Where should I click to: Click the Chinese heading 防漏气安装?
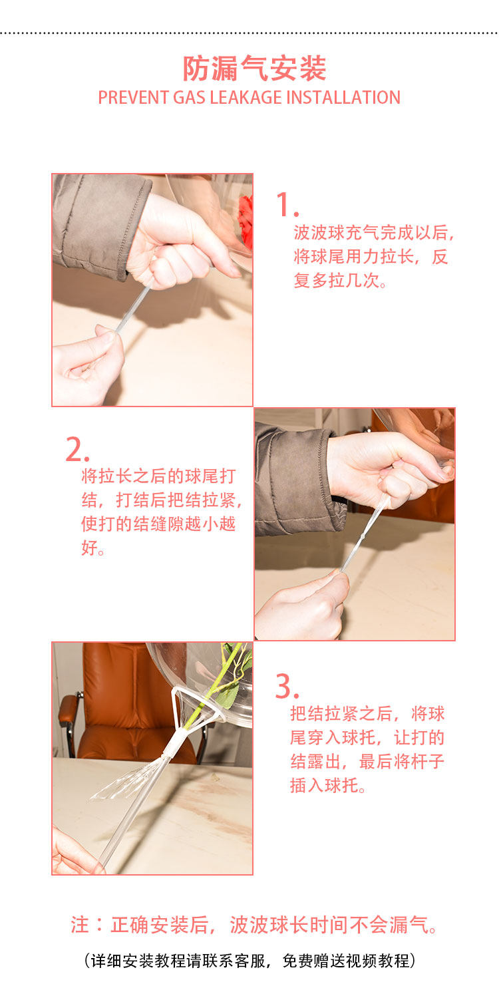(x=255, y=69)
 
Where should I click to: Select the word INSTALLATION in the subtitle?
(x=343, y=98)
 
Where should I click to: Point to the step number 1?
(x=286, y=205)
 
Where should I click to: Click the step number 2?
(x=77, y=450)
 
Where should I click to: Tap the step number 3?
(x=287, y=687)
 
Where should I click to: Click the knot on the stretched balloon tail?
(x=363, y=536)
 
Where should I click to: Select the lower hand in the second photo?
(x=304, y=606)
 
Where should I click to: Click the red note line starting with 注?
(x=253, y=925)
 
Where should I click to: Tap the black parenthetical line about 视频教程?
(x=249, y=960)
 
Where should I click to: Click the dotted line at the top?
(x=249, y=33)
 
